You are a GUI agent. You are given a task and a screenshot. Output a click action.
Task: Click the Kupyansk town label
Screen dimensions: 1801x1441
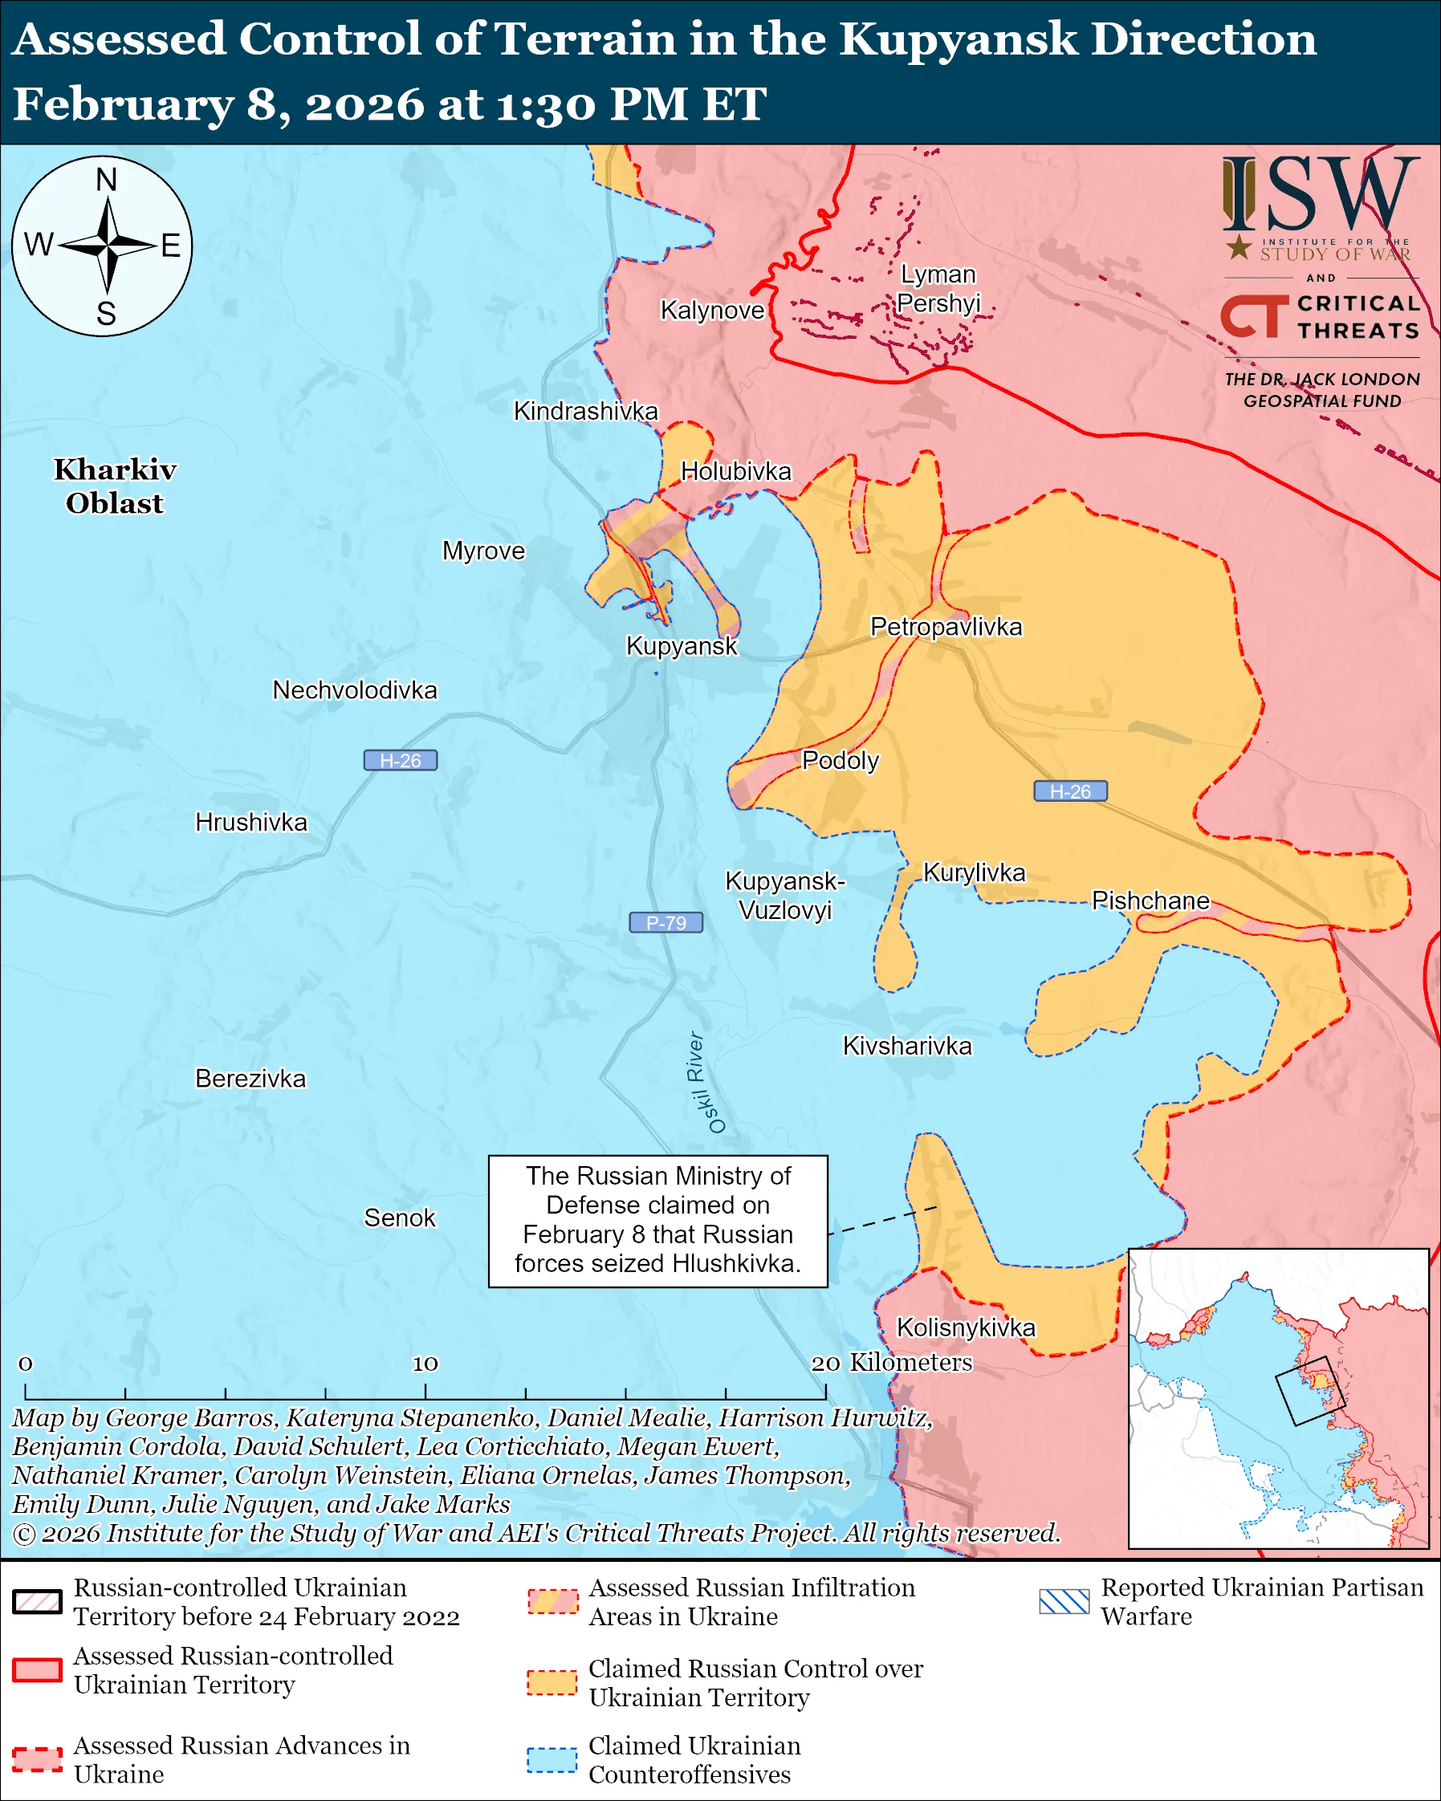pyautogui.click(x=682, y=646)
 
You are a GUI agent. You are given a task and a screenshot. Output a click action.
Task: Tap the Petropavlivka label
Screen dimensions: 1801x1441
pyautogui.click(x=946, y=627)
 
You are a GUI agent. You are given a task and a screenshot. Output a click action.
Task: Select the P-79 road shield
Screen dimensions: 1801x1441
pyautogui.click(x=666, y=922)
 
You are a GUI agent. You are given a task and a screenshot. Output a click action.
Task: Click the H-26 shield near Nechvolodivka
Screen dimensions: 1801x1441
pyautogui.click(x=400, y=760)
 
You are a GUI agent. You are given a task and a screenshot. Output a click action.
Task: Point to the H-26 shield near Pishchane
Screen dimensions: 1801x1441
pyautogui.click(x=1070, y=791)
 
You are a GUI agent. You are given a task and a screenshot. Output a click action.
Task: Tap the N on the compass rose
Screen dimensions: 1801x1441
pyautogui.click(x=106, y=180)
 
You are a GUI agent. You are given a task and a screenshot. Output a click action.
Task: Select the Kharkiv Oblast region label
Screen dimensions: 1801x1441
pyautogui.click(x=116, y=486)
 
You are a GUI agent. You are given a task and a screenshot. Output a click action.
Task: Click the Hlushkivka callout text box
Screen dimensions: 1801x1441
pyautogui.click(x=657, y=1221)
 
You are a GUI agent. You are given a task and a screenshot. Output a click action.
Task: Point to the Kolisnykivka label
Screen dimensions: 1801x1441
pyautogui.click(x=966, y=1327)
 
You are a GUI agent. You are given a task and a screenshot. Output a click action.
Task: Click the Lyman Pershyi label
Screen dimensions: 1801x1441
pyautogui.click(x=938, y=288)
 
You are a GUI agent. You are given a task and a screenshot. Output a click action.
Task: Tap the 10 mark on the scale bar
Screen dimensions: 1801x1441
pyautogui.click(x=425, y=1364)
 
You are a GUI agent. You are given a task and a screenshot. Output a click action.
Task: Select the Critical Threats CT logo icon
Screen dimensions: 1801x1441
pyautogui.click(x=1254, y=315)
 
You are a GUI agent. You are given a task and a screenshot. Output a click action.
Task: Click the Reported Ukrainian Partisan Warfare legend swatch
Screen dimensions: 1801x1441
pyautogui.click(x=1064, y=1601)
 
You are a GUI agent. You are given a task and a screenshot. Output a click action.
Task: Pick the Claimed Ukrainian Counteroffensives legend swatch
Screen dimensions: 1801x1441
pyautogui.click(x=552, y=1759)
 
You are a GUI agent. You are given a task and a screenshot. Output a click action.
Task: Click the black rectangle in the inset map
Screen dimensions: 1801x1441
pyautogui.click(x=1310, y=1391)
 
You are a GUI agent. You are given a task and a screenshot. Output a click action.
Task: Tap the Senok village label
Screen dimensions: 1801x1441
pyautogui.click(x=399, y=1218)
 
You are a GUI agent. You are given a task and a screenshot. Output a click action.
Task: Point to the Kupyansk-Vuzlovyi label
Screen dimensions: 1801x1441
pyautogui.click(x=784, y=895)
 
